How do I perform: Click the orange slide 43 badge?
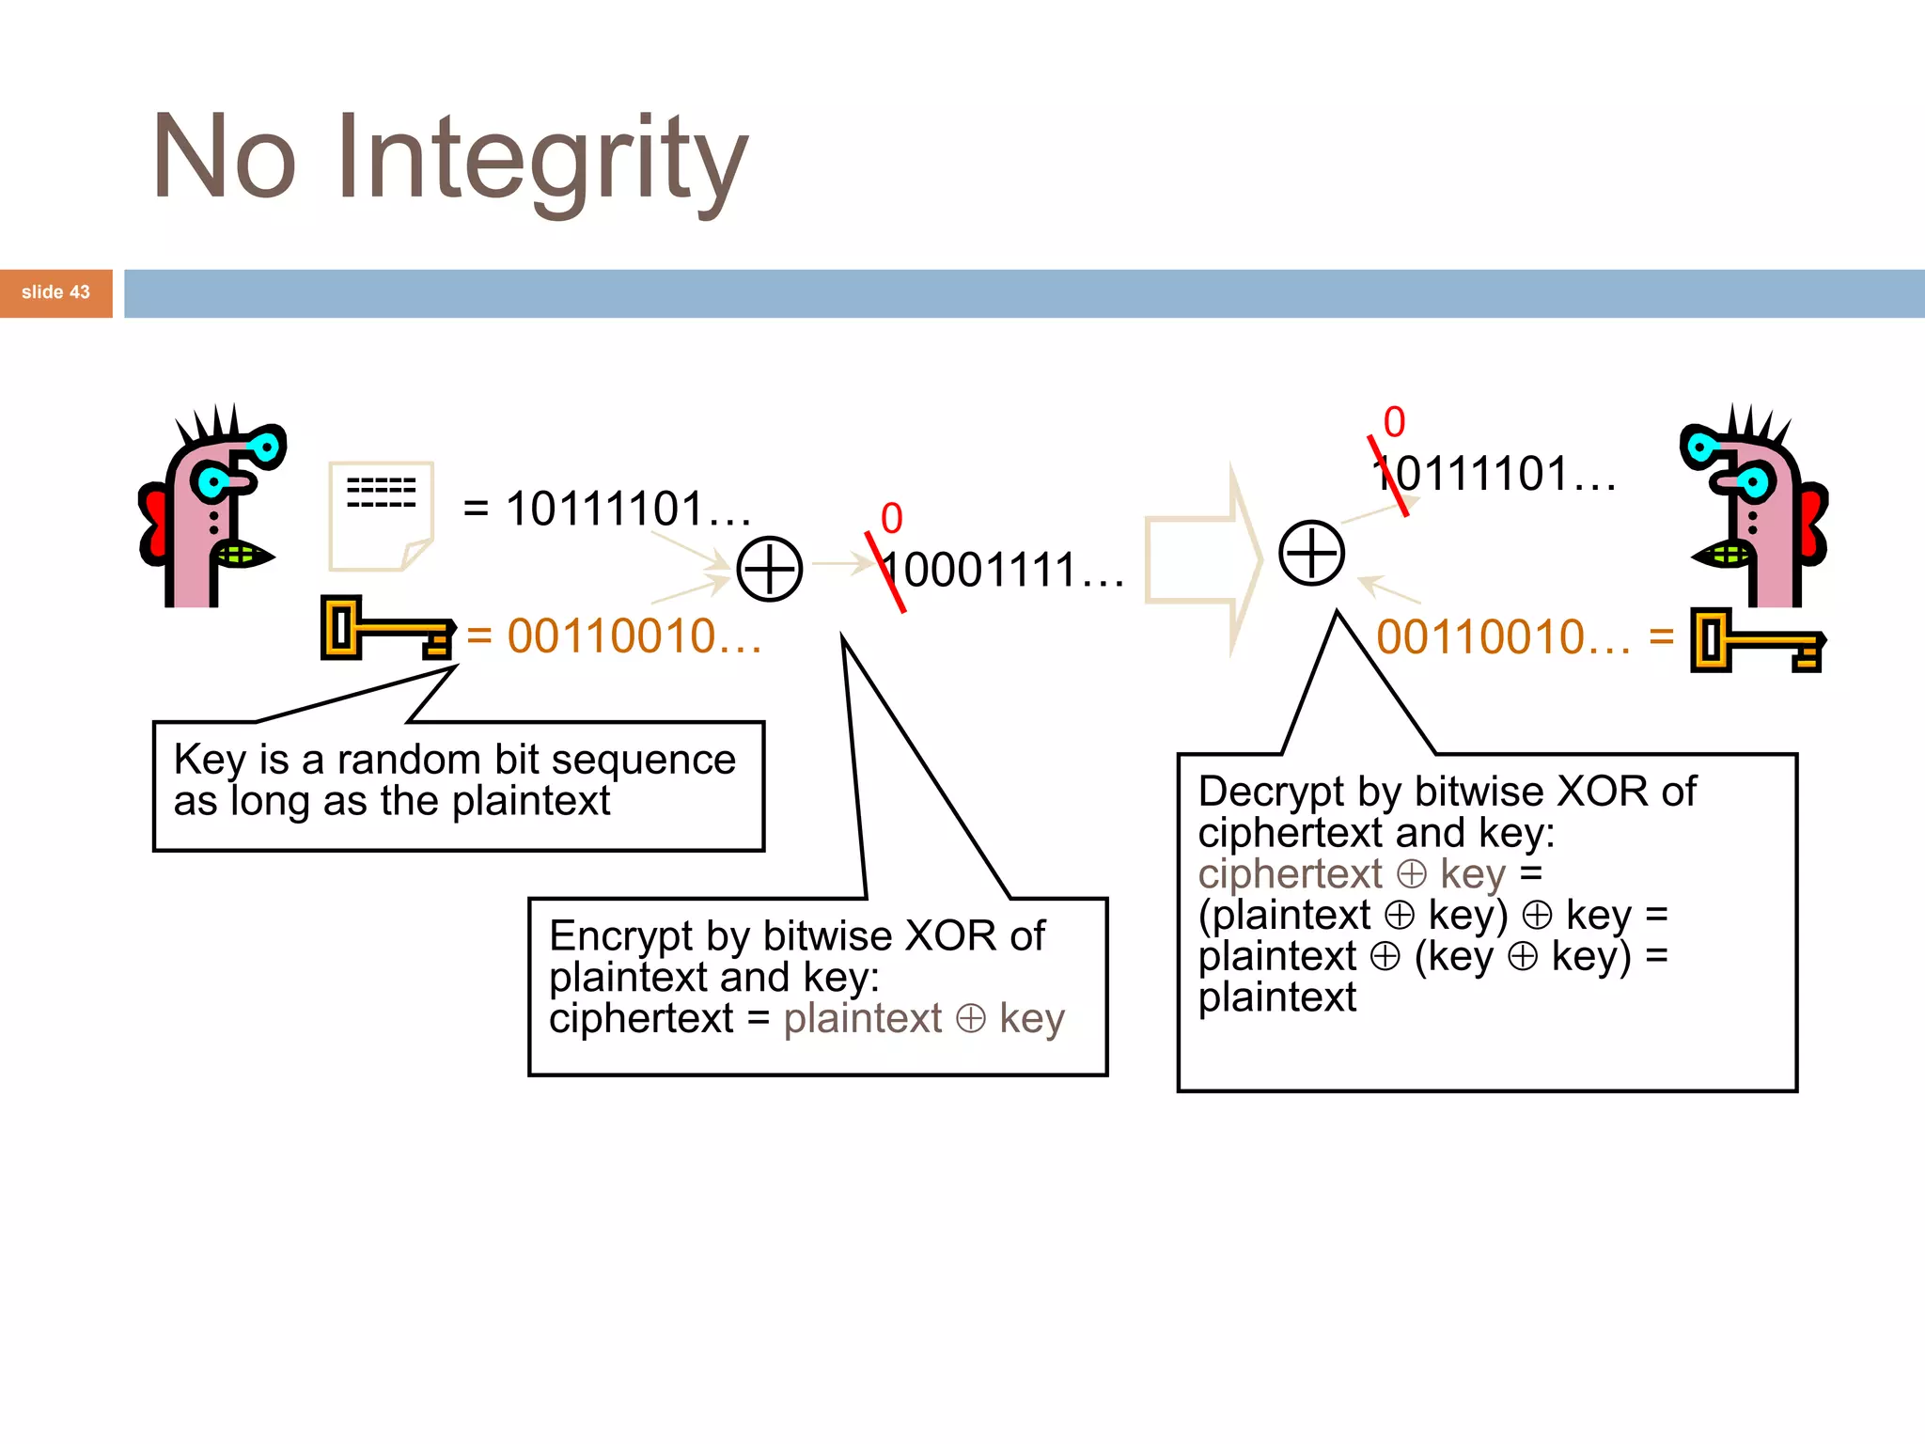[56, 292]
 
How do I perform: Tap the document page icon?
[380, 515]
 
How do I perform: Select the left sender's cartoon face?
[211, 508]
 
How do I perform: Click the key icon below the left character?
[386, 628]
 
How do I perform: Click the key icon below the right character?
[1756, 641]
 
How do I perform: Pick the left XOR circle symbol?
[769, 569]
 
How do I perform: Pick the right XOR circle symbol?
[1311, 553]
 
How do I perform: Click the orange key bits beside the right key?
[1502, 637]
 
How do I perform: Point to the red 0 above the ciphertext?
[891, 518]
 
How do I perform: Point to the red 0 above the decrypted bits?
[1394, 422]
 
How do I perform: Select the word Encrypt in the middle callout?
[621, 936]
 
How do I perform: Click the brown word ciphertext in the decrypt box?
[1290, 874]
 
